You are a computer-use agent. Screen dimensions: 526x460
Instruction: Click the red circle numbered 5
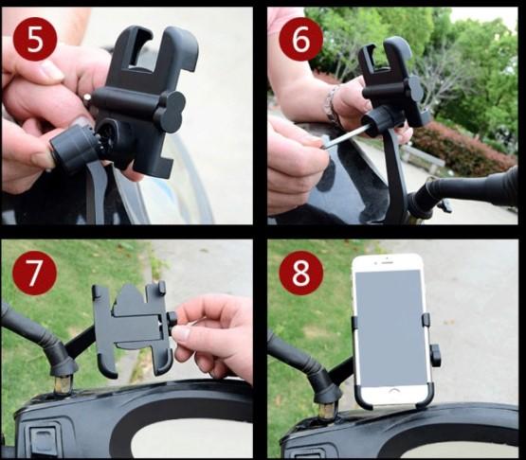(35, 39)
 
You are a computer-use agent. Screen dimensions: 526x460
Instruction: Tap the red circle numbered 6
(300, 39)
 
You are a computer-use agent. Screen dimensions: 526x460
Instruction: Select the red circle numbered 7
(34, 273)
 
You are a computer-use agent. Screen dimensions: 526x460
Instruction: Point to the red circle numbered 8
(301, 273)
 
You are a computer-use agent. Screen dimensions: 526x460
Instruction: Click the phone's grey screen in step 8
(389, 327)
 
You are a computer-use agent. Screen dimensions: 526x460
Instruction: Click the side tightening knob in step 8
(435, 355)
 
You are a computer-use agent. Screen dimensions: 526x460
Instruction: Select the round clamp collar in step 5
(72, 149)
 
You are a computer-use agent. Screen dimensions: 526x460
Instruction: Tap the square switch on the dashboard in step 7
(44, 439)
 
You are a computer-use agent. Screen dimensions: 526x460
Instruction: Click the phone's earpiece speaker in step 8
(387, 263)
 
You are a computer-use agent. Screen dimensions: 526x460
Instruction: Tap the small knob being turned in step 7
(172, 320)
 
